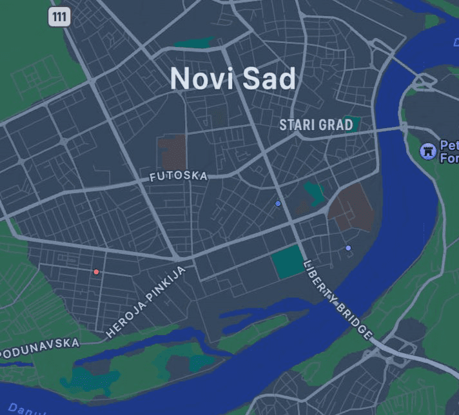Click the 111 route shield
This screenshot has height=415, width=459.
(59, 17)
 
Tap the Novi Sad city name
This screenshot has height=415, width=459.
(233, 79)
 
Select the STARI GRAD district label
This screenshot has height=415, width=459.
(316, 125)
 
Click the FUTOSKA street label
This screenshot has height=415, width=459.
(179, 176)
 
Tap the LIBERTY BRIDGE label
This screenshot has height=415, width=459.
(338, 300)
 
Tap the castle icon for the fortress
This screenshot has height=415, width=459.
(427, 151)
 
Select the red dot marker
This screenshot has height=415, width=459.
(96, 272)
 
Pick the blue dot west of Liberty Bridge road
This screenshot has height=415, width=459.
(278, 204)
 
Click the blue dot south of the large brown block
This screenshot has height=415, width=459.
(348, 248)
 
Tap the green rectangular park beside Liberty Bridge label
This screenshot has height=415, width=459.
(287, 262)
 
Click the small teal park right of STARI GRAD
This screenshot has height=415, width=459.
(351, 122)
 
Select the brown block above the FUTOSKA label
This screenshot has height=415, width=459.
(173, 151)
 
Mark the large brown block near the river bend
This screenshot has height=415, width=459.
(352, 207)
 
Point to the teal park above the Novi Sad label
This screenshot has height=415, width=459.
(194, 43)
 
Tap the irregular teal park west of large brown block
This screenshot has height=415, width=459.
(314, 193)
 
